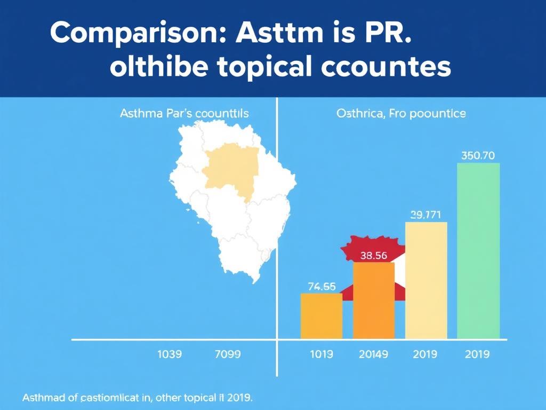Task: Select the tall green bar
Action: point(478,251)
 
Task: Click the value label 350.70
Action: point(478,156)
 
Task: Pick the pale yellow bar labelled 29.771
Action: point(426,280)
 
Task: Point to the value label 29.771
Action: point(425,215)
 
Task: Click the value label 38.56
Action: point(373,255)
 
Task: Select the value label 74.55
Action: point(322,286)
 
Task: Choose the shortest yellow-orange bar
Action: point(322,316)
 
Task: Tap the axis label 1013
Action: point(321,354)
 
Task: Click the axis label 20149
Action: point(374,354)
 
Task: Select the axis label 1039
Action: point(170,354)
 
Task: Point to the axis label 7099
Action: point(227,354)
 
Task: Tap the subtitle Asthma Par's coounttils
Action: point(184,114)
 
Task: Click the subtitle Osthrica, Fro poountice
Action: point(401,114)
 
